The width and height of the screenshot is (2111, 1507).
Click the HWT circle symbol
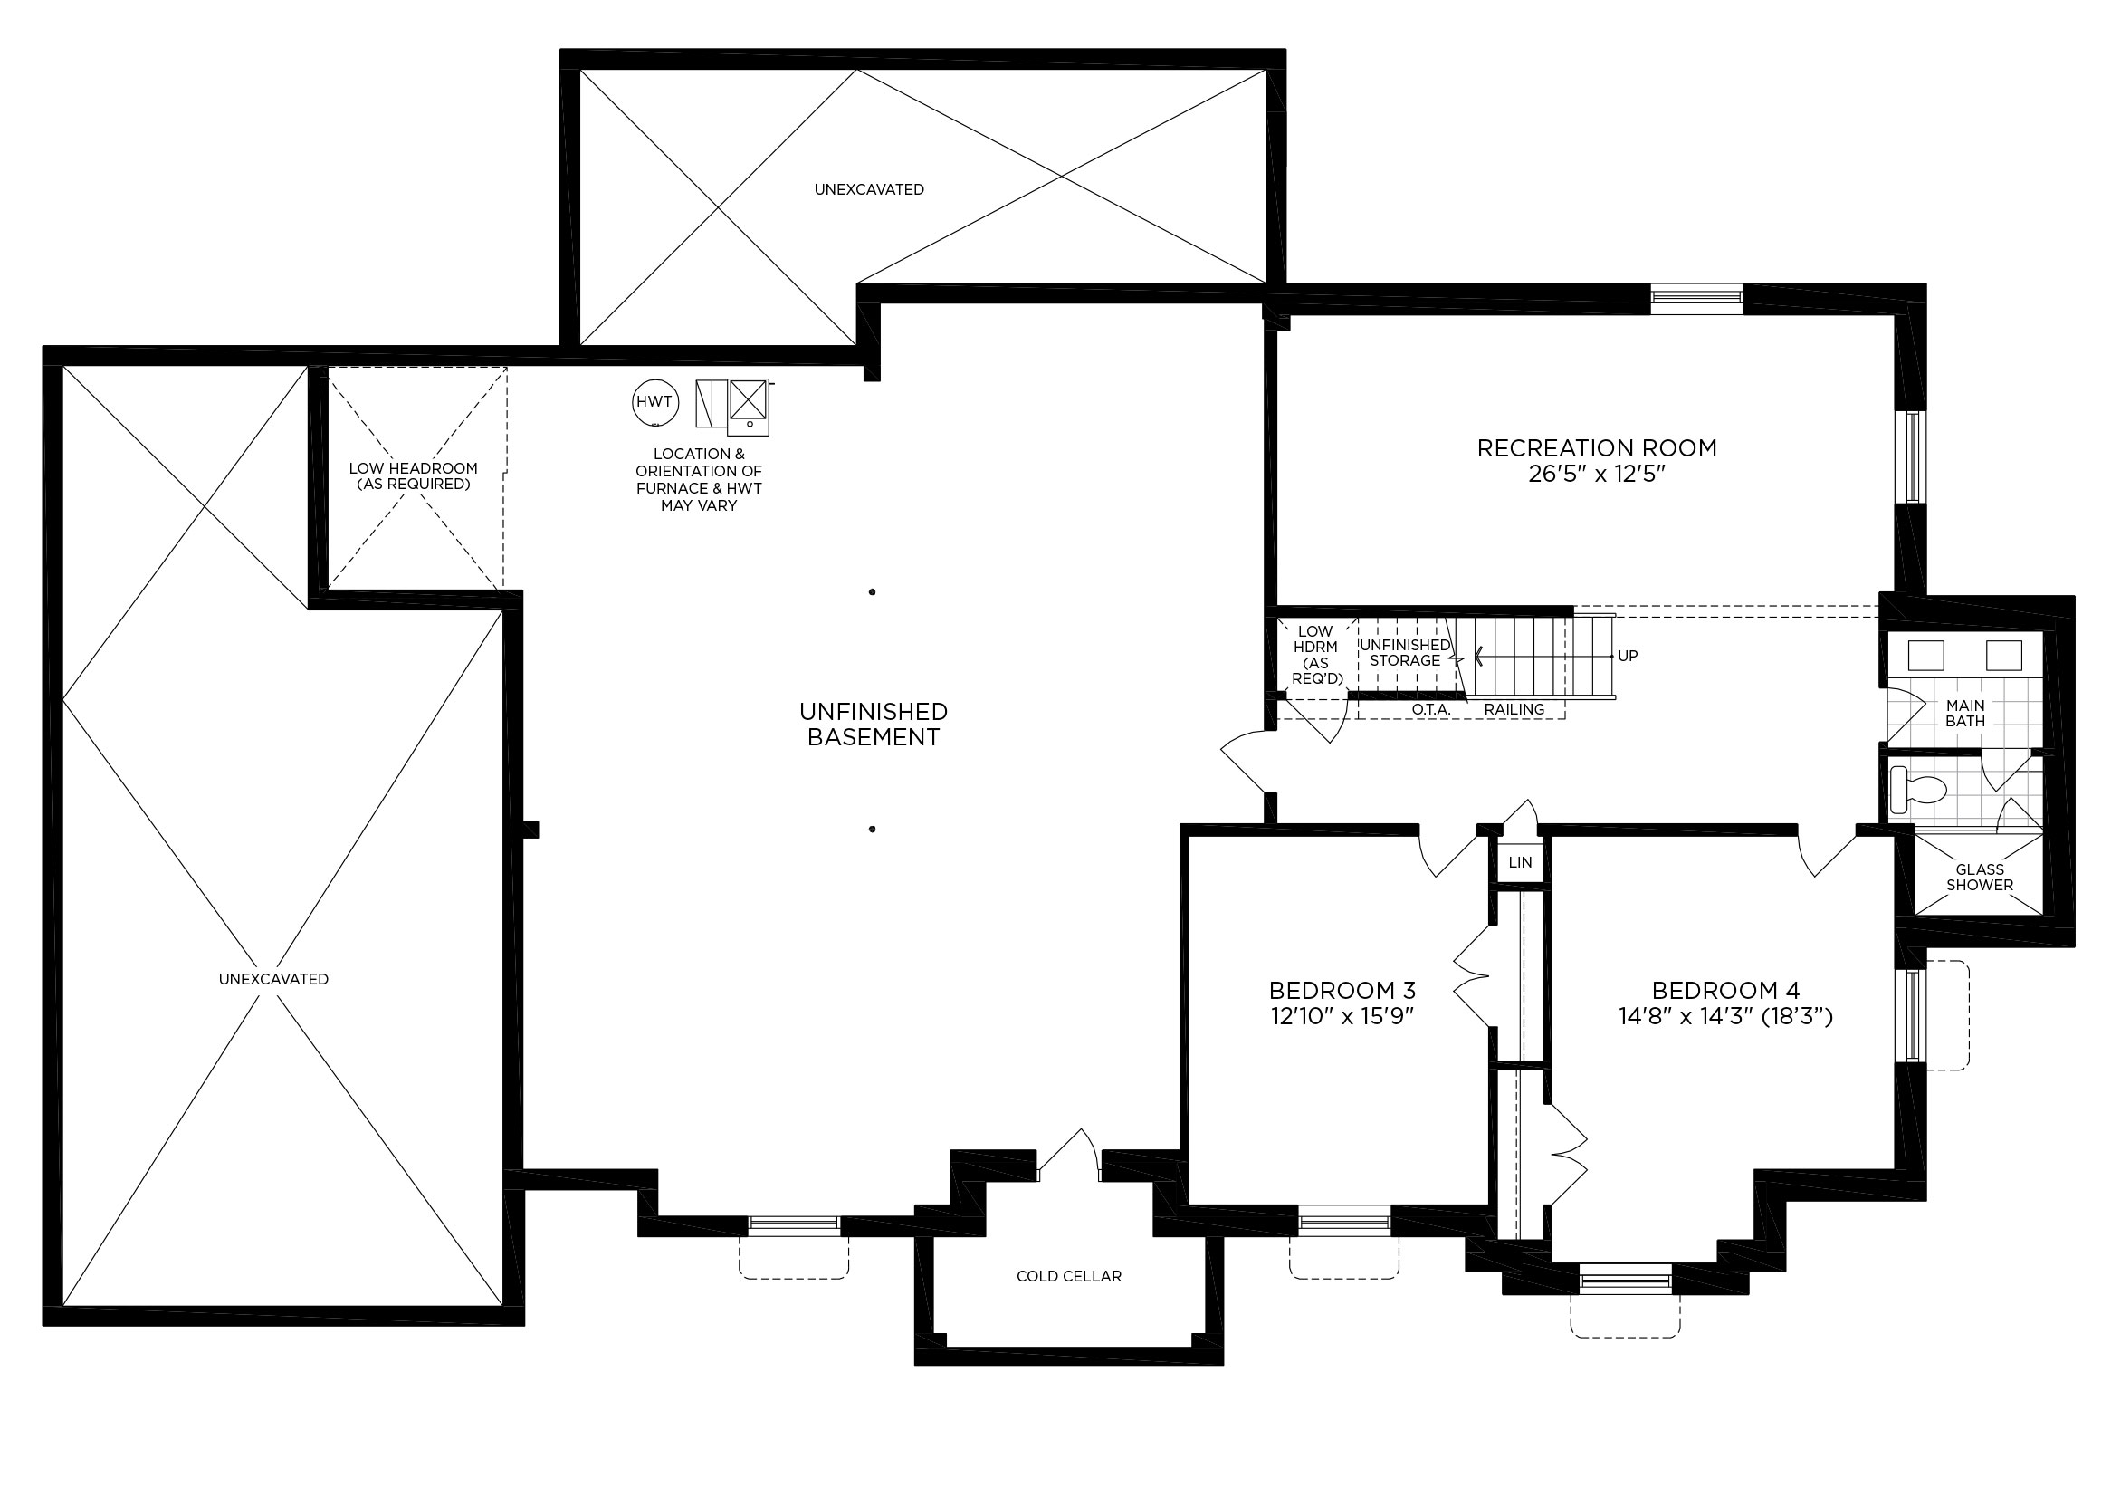[654, 403]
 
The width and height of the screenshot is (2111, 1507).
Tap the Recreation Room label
[1596, 448]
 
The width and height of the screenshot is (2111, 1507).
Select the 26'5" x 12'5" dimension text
[1597, 475]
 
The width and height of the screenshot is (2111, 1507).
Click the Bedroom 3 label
[1342, 990]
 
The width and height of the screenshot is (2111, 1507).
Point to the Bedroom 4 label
[1725, 990]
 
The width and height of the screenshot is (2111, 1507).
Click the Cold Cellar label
[1068, 1276]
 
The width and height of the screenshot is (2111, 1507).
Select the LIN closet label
[1520, 862]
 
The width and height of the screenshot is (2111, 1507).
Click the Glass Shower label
[1980, 877]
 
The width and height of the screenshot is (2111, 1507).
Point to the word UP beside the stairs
[1627, 656]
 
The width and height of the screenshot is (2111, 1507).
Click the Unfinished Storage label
[1405, 652]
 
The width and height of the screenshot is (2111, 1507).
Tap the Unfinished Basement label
[873, 725]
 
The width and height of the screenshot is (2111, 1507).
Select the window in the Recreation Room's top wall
[1696, 298]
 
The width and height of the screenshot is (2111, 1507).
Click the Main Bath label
[1965, 713]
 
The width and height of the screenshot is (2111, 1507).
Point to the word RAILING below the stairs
[1514, 709]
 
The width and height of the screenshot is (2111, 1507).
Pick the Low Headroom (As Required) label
[414, 476]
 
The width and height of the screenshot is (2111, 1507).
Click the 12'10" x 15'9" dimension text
[1342, 1016]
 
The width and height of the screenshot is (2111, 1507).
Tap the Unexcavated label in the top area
[869, 189]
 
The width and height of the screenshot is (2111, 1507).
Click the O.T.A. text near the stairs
[1431, 709]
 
